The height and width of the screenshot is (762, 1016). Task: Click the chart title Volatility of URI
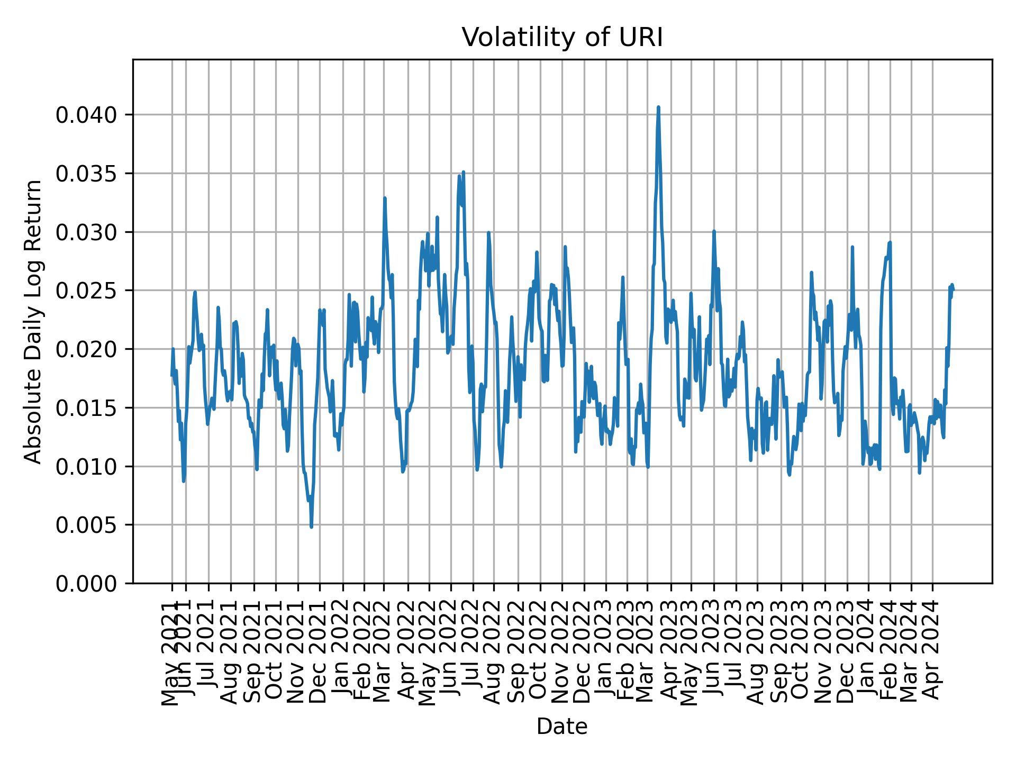click(x=562, y=38)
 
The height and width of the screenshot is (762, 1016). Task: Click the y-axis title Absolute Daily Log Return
click(x=34, y=321)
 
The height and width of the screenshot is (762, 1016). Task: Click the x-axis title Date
click(x=562, y=727)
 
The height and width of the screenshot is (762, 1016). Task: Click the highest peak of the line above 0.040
click(x=658, y=107)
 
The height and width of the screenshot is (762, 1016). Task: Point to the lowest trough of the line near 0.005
click(x=311, y=527)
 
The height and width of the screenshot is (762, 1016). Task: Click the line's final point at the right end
click(x=953, y=289)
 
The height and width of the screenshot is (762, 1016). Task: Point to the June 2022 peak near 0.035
click(x=463, y=172)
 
